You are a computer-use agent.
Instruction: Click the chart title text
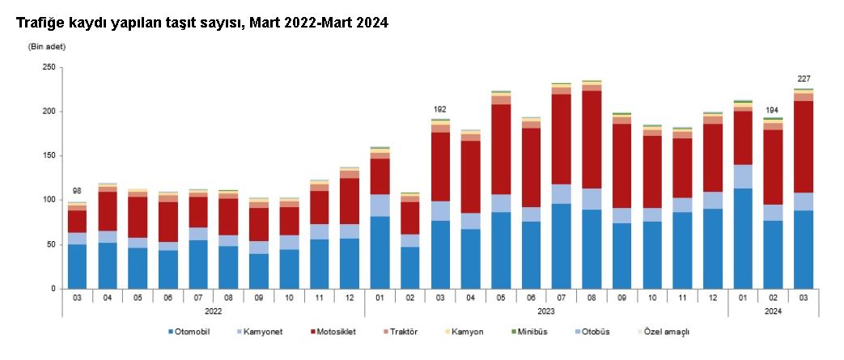(202, 23)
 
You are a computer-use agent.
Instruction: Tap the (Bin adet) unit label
(47, 46)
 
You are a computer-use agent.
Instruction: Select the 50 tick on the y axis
(49, 244)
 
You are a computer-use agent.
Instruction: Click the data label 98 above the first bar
(77, 191)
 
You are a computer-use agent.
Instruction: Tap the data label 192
(439, 109)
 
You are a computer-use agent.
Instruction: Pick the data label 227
(804, 78)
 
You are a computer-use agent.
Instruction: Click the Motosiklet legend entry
(333, 332)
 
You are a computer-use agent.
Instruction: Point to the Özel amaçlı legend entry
(668, 332)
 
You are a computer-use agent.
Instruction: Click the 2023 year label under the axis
(545, 310)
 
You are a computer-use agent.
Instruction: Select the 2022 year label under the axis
(213, 310)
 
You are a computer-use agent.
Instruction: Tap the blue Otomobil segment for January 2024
(743, 239)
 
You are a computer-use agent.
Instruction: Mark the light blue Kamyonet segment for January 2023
(380, 205)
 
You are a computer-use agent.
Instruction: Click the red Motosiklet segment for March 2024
(804, 146)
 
